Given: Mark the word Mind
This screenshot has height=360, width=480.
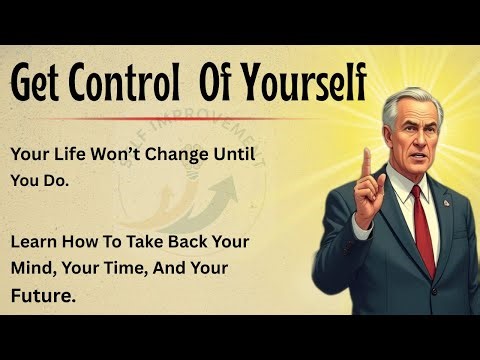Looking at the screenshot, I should click(36, 270).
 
